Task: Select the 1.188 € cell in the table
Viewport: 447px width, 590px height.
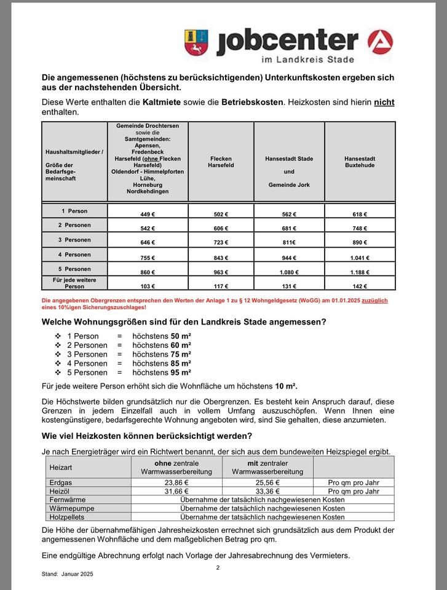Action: pyautogui.click(x=359, y=272)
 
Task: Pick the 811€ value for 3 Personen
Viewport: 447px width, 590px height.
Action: pyautogui.click(x=289, y=243)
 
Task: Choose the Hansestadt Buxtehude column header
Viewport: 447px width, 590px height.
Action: pyautogui.click(x=360, y=162)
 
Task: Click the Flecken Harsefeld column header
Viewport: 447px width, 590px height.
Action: pyautogui.click(x=221, y=162)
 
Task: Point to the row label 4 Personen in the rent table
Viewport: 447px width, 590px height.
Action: pyautogui.click(x=74, y=254)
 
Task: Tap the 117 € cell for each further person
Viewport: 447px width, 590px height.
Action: pyautogui.click(x=221, y=286)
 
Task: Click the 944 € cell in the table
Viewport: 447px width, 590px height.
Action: pyautogui.click(x=289, y=258)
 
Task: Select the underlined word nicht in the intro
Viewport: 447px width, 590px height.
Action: pyautogui.click(x=384, y=101)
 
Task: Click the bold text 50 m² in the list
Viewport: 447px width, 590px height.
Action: pyautogui.click(x=181, y=336)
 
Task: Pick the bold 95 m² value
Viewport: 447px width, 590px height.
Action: pyautogui.click(x=181, y=372)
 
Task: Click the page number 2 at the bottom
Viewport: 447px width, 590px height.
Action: pyautogui.click(x=218, y=567)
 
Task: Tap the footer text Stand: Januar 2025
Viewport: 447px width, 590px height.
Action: pyautogui.click(x=68, y=574)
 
